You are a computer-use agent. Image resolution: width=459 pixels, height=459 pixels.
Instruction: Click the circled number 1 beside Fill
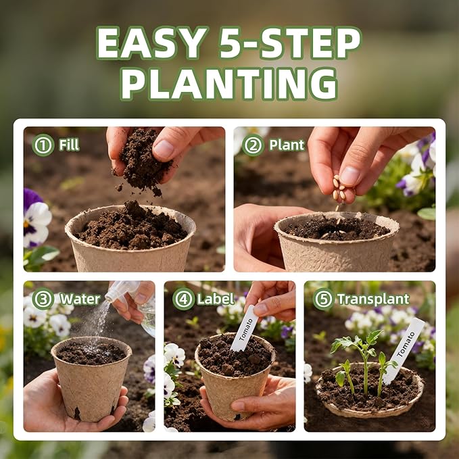pos(43,145)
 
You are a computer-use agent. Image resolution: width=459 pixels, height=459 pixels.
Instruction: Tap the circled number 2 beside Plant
pos(253,145)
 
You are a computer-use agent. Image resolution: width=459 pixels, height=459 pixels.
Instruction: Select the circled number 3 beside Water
pos(43,299)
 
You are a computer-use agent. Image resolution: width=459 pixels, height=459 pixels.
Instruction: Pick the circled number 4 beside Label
pos(184,299)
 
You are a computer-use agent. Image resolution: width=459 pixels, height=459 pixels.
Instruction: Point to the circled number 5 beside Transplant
pos(324,299)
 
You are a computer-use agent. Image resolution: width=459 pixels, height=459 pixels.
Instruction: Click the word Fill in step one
pos(69,145)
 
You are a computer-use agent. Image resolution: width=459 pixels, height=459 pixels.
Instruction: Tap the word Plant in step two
pos(287,145)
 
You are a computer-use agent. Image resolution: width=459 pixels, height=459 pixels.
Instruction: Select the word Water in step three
pos(80,299)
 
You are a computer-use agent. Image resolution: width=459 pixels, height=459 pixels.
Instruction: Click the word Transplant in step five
pos(374,299)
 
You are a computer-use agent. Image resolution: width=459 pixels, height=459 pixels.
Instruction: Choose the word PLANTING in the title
pos(230,84)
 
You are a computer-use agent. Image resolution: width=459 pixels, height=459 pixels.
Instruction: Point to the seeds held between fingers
pos(340,188)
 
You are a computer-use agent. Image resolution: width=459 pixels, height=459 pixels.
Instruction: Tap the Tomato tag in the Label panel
pos(245,329)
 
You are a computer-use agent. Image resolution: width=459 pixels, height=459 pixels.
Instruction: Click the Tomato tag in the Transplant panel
pos(404,350)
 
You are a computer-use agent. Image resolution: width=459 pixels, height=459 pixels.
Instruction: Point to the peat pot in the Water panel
pos(91,378)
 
